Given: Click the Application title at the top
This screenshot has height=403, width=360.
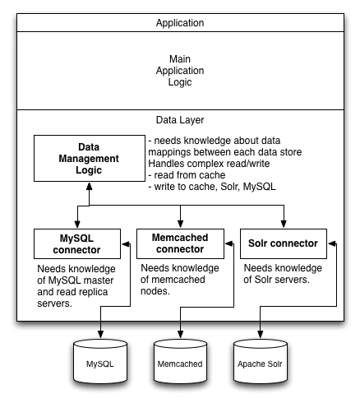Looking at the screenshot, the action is click(180, 23).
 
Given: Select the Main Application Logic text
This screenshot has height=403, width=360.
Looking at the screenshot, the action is click(180, 71).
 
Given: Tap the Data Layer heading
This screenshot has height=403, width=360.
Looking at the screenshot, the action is click(180, 120).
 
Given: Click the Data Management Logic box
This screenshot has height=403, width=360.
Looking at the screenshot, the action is click(90, 158).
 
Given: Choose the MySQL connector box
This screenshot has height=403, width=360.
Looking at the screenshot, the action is click(77, 243).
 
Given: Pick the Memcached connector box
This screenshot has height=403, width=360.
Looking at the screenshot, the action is click(180, 243).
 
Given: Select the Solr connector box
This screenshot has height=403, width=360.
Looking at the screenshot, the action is click(284, 243).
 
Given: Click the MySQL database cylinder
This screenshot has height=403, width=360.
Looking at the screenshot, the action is click(100, 361).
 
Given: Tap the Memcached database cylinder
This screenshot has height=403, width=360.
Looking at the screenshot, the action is click(180, 361).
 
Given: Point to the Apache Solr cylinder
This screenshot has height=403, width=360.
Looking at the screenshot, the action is click(260, 361).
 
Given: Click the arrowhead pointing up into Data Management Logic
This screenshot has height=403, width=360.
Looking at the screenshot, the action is click(89, 187).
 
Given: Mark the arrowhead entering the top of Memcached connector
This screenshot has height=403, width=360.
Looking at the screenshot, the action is click(180, 224).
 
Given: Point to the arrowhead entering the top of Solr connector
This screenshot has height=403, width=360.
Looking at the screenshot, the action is click(284, 224).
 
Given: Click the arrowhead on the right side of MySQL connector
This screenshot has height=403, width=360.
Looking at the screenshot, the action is click(125, 244).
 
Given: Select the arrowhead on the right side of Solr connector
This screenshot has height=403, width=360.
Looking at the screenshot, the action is click(331, 243).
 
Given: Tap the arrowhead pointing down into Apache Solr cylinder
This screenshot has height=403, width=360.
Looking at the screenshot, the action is click(260, 334).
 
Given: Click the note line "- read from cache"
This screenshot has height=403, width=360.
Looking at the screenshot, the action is click(187, 175).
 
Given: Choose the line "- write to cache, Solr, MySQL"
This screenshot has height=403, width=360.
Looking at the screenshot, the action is click(212, 187).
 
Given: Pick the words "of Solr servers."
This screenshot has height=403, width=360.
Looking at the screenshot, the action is click(276, 280).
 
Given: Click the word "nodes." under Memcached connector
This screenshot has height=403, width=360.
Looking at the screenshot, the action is click(155, 291).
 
